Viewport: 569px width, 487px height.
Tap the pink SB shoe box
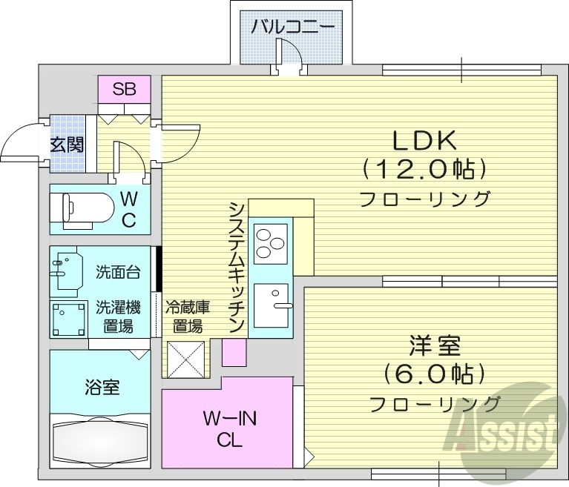click(x=124, y=90)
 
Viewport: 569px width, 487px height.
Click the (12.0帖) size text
click(x=424, y=170)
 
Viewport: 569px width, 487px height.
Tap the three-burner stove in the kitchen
click(x=271, y=242)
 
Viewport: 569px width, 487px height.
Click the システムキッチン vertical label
click(x=237, y=268)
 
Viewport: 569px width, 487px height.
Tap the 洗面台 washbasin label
click(x=118, y=272)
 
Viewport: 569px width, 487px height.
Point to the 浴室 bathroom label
click(x=102, y=386)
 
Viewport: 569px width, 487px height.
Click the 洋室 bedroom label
click(x=434, y=345)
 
